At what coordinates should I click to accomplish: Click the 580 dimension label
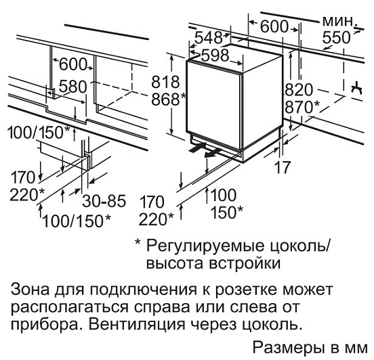pos(72,87)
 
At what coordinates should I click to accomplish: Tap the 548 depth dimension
pos(209,37)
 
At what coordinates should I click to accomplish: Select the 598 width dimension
pos(215,55)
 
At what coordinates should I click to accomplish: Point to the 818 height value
pos(165,82)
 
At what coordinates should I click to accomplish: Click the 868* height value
pos(169,99)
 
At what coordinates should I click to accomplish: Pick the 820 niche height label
pos(299,90)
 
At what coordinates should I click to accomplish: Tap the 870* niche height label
pos(302,107)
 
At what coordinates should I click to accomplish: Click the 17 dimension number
pos(283,167)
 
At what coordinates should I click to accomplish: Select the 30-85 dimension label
pos(104,201)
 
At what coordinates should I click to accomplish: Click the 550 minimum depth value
pos(336,38)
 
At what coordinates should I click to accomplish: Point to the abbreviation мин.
pos(339,21)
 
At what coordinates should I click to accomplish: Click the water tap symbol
pos(356,89)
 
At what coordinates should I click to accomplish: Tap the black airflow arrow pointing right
pos(197,148)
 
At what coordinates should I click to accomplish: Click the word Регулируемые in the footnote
pos(205,246)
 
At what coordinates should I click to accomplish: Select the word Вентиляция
pos(138,324)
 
